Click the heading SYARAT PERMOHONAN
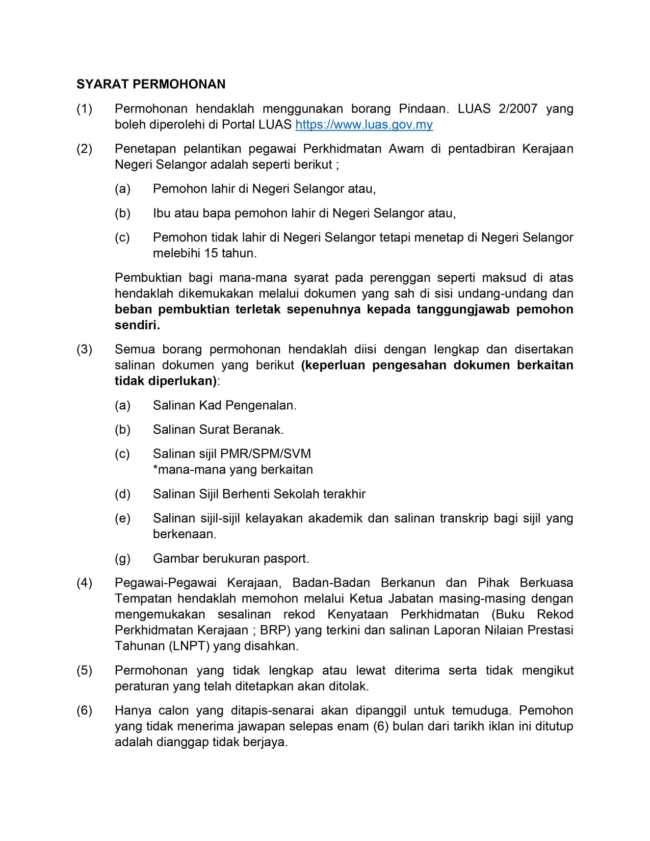pos(151,84)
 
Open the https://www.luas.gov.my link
pos(364,125)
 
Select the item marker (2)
pos(85,149)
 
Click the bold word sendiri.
pos(137,325)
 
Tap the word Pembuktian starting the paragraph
pos(148,278)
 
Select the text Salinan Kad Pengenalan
pos(224,406)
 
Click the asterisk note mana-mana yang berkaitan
pos(233,469)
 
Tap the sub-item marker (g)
pos(123,559)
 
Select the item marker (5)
pos(85,670)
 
